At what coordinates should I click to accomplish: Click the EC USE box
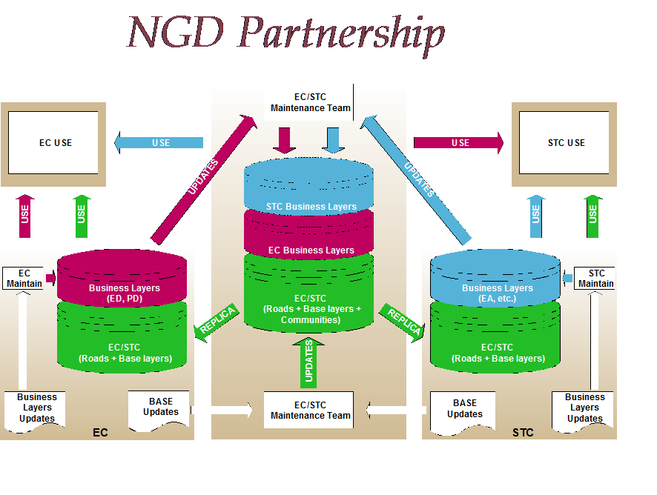click(56, 142)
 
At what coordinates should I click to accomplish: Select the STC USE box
click(566, 142)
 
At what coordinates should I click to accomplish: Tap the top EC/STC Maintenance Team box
click(310, 102)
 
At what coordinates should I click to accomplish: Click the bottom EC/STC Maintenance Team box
click(310, 410)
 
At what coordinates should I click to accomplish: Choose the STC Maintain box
click(595, 278)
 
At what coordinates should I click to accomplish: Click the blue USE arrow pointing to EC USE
click(159, 142)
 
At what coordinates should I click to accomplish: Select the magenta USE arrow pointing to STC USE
click(458, 142)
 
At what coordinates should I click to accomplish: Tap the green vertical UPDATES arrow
click(308, 361)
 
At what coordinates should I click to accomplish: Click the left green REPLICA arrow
click(216, 319)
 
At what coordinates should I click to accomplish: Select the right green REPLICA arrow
click(403, 319)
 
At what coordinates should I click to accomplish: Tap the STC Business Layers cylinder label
click(311, 207)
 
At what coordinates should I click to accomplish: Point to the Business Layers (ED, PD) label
click(124, 293)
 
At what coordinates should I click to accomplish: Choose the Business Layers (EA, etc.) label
click(497, 293)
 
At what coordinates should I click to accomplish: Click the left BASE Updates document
click(160, 408)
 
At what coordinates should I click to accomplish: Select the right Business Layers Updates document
click(584, 408)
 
